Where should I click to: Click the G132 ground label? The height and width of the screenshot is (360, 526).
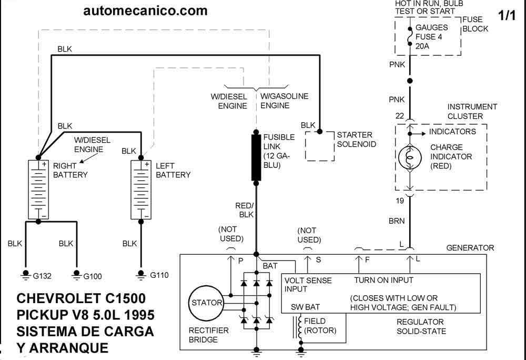coord(42,276)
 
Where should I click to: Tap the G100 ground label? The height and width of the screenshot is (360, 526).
coord(92,276)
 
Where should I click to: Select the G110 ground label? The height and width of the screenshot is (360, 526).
coord(159,275)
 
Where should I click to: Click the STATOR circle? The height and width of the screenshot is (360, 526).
coord(206,303)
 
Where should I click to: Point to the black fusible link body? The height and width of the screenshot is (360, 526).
coord(256,157)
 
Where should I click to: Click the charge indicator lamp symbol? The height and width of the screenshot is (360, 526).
coord(410,157)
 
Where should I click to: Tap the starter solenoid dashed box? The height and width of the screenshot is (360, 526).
coord(320,146)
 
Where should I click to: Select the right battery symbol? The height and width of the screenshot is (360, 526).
coord(38,189)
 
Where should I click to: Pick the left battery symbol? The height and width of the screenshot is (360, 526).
coord(141,189)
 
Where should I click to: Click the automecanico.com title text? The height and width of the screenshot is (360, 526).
coord(145,11)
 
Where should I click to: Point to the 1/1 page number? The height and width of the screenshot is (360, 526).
coord(507,15)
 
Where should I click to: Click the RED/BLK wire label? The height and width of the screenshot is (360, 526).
coord(244,210)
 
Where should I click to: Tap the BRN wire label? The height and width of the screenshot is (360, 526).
coord(397,221)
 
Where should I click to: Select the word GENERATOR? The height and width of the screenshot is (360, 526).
coord(470,248)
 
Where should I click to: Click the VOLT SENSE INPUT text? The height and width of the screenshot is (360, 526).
coord(308,285)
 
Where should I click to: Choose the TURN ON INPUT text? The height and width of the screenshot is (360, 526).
coord(384,280)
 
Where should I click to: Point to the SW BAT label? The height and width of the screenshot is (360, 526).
coord(305,307)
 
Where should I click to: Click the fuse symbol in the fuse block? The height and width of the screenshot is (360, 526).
coord(410,36)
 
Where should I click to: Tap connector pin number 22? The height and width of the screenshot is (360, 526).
coord(400,116)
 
